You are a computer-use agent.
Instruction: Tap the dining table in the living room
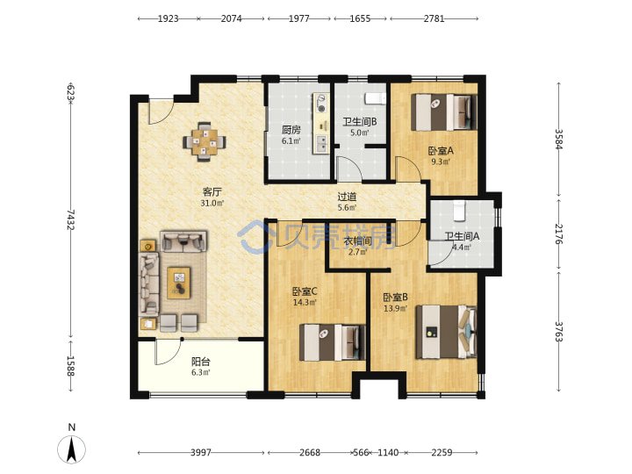point(205,141)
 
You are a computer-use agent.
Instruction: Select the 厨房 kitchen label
point(291,130)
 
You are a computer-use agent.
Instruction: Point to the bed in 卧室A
point(444,112)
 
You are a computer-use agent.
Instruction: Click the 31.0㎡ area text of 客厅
point(212,203)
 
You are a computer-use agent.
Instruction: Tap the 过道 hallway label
point(347,197)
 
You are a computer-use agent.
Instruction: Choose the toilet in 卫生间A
point(459,211)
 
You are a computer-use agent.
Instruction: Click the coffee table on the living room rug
point(179,283)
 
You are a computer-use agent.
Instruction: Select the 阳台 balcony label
point(200,362)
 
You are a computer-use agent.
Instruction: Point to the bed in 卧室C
point(332,342)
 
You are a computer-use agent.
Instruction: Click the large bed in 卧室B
point(446,332)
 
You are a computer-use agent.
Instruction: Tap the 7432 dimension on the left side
point(70,219)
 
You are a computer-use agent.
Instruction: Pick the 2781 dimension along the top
point(434,18)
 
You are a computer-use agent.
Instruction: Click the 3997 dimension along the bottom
point(201,453)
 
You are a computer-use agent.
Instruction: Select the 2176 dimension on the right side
point(558,233)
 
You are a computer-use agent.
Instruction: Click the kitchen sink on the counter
point(321,144)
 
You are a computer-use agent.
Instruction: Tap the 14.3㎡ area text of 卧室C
point(305,302)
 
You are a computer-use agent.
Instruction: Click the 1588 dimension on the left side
point(70,366)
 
